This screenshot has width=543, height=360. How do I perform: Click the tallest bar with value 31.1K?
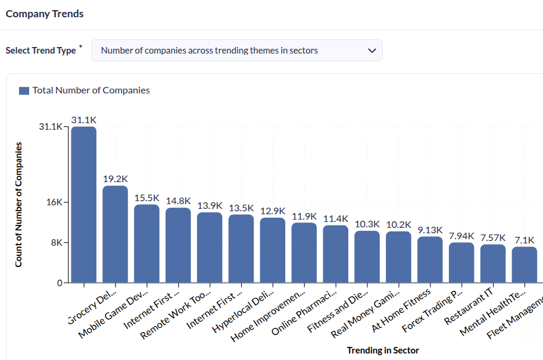click(83, 205)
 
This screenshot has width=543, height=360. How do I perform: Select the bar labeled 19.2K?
click(115, 234)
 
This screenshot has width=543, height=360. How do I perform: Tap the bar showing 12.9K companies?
click(273, 250)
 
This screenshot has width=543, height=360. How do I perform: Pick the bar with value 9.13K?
click(430, 259)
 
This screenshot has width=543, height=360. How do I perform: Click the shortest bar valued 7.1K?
click(525, 265)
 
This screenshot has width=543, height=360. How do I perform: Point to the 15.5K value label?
click(146, 198)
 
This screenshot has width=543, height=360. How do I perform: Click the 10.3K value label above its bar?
click(367, 224)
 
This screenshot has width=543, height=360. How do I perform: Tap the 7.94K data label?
click(461, 236)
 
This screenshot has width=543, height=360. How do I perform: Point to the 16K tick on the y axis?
click(54, 202)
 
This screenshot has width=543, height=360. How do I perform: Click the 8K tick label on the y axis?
click(56, 243)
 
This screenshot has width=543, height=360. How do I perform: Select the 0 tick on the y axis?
click(60, 283)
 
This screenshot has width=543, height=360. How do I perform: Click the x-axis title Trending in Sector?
click(383, 350)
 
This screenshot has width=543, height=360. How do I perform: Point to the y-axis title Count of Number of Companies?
click(18, 204)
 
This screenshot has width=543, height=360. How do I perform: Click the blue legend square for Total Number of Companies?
click(24, 90)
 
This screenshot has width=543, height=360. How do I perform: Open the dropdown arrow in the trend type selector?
click(372, 51)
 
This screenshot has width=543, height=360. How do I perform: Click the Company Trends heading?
click(45, 14)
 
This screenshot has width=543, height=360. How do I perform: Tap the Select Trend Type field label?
click(40, 51)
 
